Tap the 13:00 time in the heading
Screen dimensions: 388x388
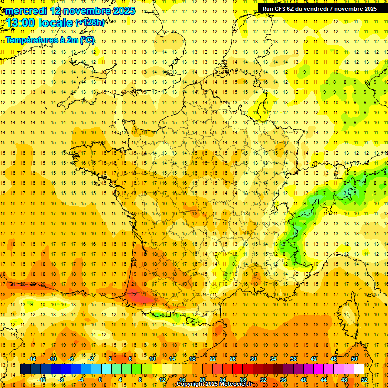click(20, 23)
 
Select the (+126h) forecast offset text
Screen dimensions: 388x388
click(90, 23)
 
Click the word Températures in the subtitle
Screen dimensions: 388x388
click(31, 40)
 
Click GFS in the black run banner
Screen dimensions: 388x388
click(284, 9)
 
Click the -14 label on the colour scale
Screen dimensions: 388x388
click(32, 359)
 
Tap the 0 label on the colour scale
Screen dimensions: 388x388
click(100, 379)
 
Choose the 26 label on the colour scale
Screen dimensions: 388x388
click(233, 359)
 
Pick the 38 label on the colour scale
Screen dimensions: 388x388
click(294, 359)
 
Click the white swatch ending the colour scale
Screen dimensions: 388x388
click(359, 369)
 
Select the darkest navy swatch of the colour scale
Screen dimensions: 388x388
click(25, 369)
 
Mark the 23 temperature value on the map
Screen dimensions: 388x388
click(134, 294)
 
